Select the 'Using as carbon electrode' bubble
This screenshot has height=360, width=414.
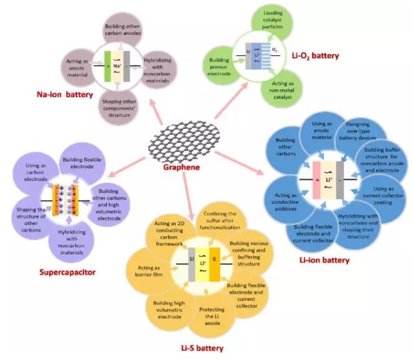coord(34,172)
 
